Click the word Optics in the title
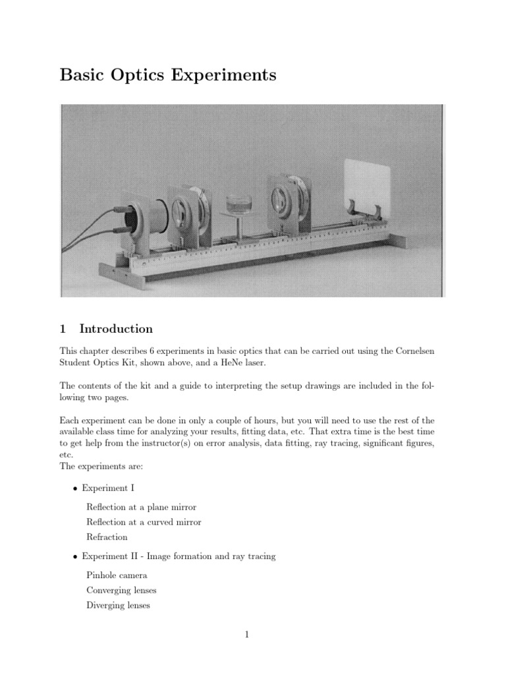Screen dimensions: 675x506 coord(144,76)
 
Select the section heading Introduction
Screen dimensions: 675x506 coord(116,329)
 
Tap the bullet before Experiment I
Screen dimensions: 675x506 coord(75,488)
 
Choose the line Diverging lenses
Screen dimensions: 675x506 coord(119,606)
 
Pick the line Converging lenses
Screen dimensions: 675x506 coord(121,591)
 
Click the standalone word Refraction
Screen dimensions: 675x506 coord(107,537)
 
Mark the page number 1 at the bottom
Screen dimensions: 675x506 coord(246,635)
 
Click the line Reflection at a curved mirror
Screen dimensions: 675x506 coord(144,522)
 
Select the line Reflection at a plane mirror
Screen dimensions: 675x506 coord(141,507)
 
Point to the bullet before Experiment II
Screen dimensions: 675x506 coord(75,557)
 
